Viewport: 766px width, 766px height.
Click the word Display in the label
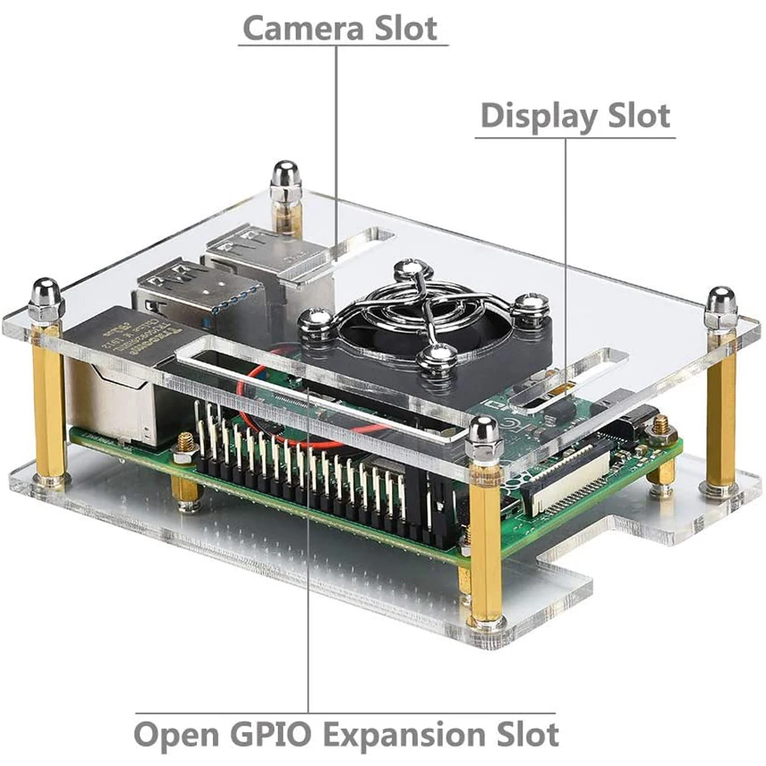[x=539, y=115]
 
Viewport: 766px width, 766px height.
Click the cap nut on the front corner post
[x=482, y=434]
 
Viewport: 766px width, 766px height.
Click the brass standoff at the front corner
[x=484, y=548]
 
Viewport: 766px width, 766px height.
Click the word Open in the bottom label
[x=171, y=735]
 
